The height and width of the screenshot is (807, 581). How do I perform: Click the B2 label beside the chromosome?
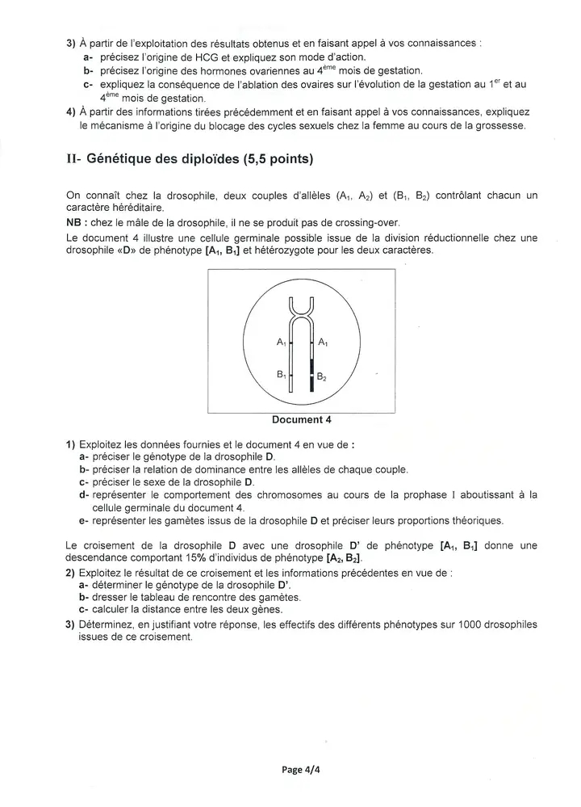[321, 376]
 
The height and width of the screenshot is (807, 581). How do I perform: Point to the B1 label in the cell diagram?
[281, 375]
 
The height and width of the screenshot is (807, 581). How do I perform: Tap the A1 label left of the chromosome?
[281, 343]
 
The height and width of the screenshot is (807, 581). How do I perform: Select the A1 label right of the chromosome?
[323, 343]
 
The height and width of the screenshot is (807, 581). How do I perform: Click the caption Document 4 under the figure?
[301, 419]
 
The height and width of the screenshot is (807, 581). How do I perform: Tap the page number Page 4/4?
[301, 770]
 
